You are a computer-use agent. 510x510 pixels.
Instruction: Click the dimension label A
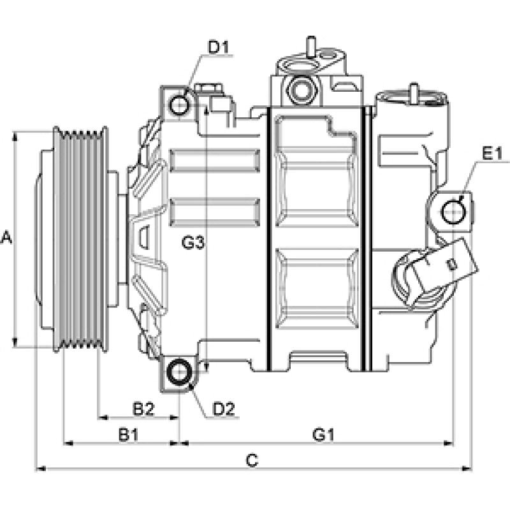[7, 238]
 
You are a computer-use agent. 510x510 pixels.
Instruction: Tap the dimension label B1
[128, 435]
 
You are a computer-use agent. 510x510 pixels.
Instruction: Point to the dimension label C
[252, 460]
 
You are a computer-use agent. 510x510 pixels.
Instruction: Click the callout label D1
[219, 47]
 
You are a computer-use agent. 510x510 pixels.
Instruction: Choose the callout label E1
[492, 154]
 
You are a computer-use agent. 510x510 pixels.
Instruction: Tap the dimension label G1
[323, 435]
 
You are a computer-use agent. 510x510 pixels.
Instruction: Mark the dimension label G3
[192, 243]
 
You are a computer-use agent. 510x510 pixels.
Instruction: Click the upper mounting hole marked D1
[180, 103]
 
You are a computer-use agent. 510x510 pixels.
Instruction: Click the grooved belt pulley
[80, 240]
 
